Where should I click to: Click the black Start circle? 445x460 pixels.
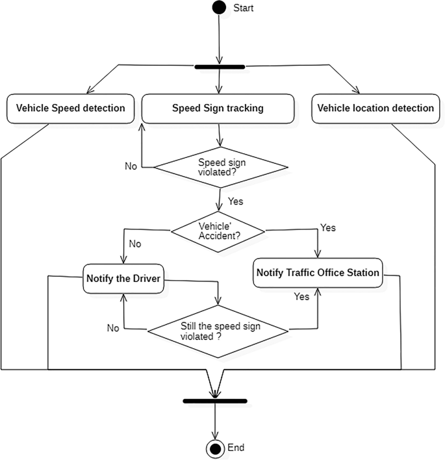(x=220, y=8)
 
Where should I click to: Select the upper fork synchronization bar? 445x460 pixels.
(x=220, y=66)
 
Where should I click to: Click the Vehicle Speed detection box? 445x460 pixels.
(x=70, y=109)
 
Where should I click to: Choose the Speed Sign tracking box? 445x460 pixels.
(x=218, y=109)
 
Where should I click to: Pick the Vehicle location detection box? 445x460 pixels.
(x=375, y=109)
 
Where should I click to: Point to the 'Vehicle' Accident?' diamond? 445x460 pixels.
(x=218, y=230)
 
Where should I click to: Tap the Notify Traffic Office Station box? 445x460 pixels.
(x=318, y=273)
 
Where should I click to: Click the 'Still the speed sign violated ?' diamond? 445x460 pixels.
(x=217, y=330)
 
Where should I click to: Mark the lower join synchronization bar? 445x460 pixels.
(x=214, y=401)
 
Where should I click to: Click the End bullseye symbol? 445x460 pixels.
(x=214, y=448)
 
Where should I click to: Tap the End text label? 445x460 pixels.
(x=236, y=448)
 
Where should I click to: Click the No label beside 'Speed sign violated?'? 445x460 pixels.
(x=131, y=166)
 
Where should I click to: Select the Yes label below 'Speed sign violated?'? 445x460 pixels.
(x=235, y=201)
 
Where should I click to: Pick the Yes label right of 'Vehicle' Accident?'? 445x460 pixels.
(x=328, y=228)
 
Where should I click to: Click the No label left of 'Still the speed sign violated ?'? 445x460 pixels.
(x=113, y=328)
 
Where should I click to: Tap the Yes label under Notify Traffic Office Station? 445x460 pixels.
(x=301, y=296)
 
